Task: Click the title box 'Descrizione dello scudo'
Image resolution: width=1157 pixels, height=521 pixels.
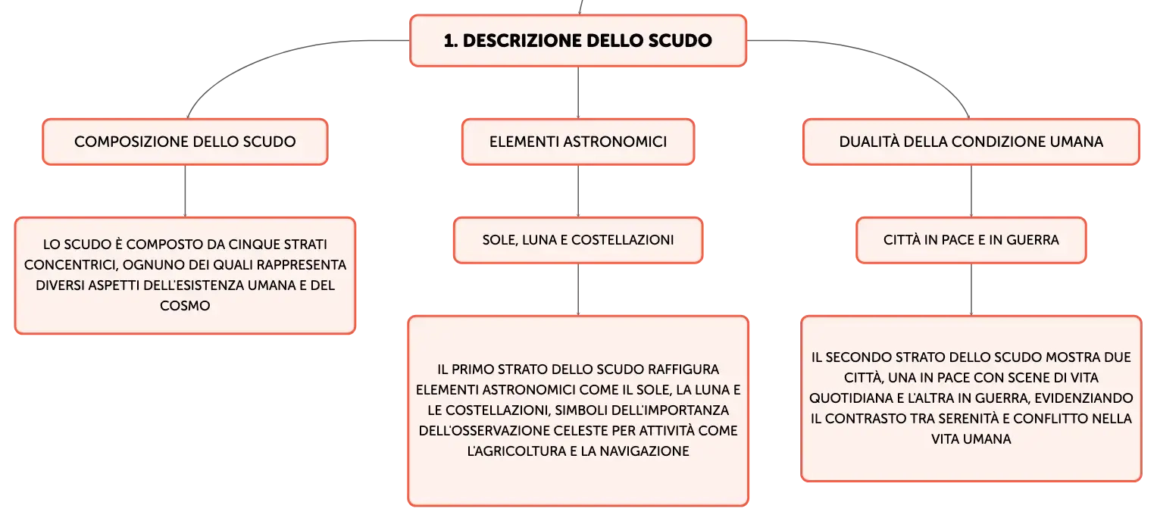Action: pos(578,40)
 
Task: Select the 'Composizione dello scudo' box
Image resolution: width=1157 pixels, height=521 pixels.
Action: pos(185,142)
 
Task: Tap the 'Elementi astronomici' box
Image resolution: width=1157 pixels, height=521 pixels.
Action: pos(578,142)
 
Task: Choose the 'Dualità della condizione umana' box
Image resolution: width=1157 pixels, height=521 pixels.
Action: pos(971,142)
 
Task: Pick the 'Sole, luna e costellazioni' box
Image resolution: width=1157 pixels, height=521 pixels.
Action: pos(578,240)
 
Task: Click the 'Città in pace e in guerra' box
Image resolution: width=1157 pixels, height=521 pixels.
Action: pos(971,240)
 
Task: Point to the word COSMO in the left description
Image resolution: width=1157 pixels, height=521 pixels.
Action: pos(185,306)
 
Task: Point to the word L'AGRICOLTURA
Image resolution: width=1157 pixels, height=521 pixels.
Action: pos(517,451)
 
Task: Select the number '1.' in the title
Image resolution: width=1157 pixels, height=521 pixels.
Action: pos(450,41)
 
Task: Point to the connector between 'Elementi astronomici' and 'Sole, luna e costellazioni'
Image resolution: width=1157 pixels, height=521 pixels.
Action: pos(578,191)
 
